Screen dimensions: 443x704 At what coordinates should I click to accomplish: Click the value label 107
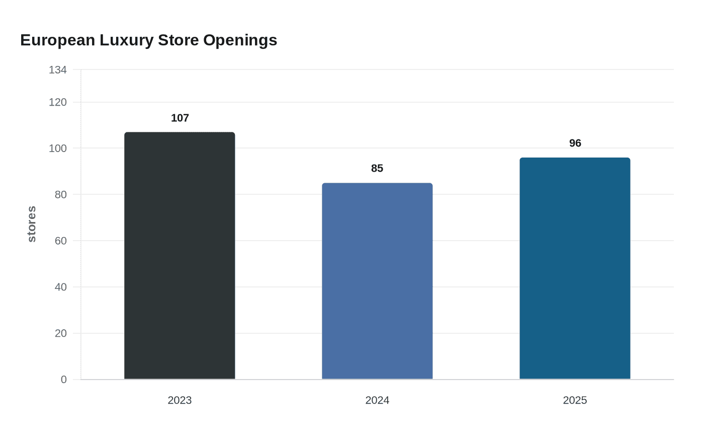click(180, 118)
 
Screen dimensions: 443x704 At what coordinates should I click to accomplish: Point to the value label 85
click(377, 168)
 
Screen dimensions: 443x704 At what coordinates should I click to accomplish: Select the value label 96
click(575, 143)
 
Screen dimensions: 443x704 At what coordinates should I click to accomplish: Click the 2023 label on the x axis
click(180, 400)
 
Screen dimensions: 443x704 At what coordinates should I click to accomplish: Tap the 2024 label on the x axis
click(377, 400)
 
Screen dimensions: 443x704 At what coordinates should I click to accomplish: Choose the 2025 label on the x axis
click(575, 400)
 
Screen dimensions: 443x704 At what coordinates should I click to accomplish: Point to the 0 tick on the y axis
click(64, 380)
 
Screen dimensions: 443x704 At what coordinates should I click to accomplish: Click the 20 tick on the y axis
click(61, 333)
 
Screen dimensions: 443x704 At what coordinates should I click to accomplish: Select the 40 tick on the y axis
click(61, 287)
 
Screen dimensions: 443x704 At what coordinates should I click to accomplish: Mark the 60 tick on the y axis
click(61, 241)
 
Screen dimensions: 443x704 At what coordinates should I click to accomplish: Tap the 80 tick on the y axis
click(61, 194)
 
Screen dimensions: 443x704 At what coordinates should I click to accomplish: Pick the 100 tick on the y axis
click(58, 148)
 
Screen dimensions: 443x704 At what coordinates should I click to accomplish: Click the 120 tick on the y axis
click(58, 102)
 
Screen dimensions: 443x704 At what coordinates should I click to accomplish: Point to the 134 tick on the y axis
click(58, 70)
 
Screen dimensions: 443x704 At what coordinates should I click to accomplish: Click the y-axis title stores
click(32, 224)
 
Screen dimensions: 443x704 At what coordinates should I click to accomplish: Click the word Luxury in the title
click(126, 40)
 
